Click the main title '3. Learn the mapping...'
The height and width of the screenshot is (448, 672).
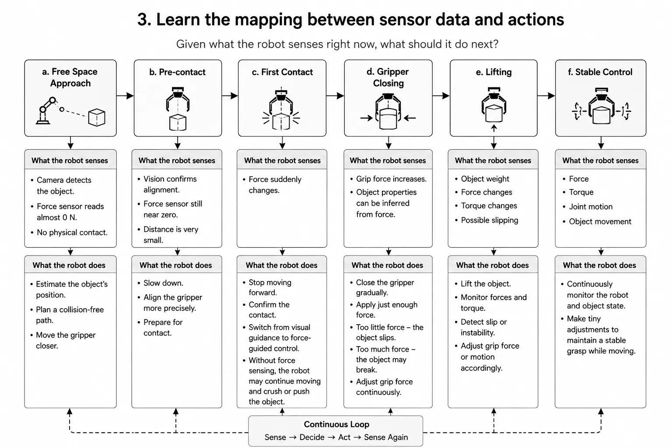click(x=351, y=20)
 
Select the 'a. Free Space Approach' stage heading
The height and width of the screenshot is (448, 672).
click(x=70, y=77)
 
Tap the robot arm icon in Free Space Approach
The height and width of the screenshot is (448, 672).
click(x=46, y=111)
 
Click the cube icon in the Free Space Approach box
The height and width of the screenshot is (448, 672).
click(x=97, y=118)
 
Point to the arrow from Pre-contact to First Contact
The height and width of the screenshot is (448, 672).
click(x=230, y=96)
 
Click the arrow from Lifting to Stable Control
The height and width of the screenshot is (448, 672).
click(x=546, y=96)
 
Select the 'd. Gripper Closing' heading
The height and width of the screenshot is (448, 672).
click(x=388, y=77)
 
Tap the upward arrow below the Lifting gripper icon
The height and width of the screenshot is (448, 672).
click(x=494, y=129)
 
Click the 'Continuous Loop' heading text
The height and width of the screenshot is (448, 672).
click(x=336, y=424)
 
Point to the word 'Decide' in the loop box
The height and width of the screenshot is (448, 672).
click(x=311, y=437)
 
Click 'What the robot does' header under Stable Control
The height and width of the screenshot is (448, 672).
click(x=599, y=265)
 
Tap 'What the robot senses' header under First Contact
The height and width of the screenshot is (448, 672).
click(x=282, y=161)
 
